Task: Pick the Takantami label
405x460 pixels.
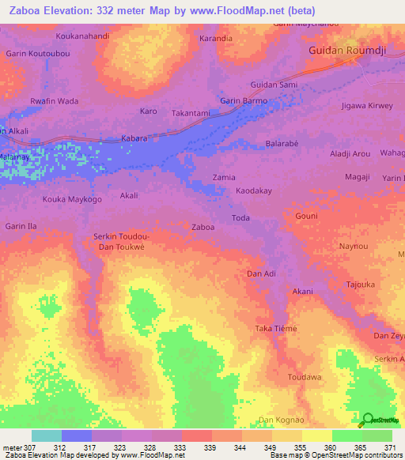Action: click(x=191, y=113)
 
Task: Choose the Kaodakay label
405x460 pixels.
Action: click(x=254, y=191)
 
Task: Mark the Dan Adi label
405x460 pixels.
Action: click(x=261, y=273)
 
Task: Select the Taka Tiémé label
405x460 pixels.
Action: click(x=275, y=329)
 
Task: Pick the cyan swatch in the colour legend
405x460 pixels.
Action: click(x=46, y=435)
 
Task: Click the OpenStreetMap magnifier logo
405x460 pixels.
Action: click(x=368, y=420)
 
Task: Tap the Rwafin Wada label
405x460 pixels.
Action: click(x=54, y=101)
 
